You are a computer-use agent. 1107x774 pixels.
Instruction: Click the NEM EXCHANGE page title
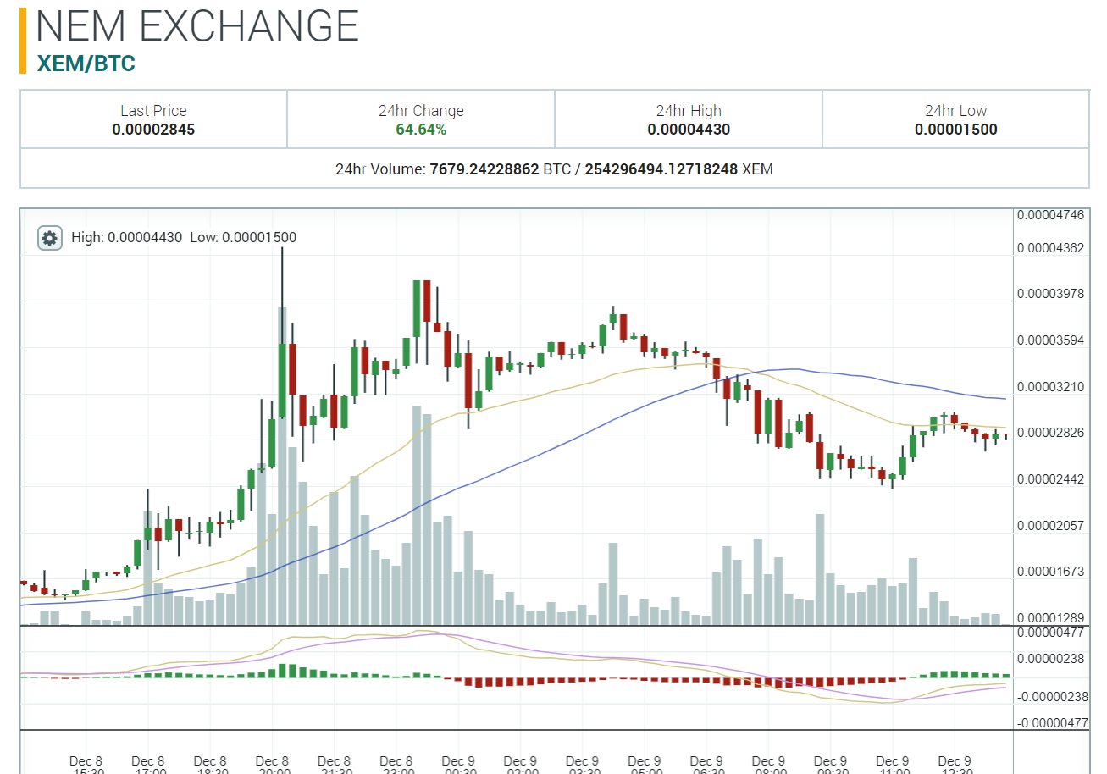(197, 27)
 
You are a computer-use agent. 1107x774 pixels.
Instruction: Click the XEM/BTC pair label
(86, 64)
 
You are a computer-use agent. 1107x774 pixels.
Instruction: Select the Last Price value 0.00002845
(153, 130)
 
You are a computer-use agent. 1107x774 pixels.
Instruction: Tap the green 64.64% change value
(421, 130)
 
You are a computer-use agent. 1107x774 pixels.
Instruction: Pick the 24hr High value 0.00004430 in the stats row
(689, 130)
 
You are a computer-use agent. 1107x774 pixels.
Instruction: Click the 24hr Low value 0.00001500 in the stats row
(955, 130)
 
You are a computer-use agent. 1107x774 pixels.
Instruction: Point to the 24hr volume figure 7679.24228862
(484, 169)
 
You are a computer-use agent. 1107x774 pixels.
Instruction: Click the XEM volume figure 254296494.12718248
(661, 169)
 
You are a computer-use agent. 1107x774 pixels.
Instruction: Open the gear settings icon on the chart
(50, 238)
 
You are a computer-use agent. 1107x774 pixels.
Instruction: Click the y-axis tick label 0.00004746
(1050, 215)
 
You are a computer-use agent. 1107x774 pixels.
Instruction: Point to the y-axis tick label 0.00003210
(1050, 387)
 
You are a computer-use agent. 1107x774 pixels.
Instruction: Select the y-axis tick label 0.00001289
(1050, 618)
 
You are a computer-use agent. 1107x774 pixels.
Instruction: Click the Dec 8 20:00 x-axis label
(273, 766)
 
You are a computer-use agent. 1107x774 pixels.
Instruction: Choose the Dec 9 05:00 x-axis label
(645, 766)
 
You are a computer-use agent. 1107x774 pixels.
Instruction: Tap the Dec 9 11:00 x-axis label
(893, 766)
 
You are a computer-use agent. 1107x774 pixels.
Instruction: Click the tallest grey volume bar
(282, 466)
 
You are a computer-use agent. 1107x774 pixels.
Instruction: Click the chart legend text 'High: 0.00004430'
(127, 238)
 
